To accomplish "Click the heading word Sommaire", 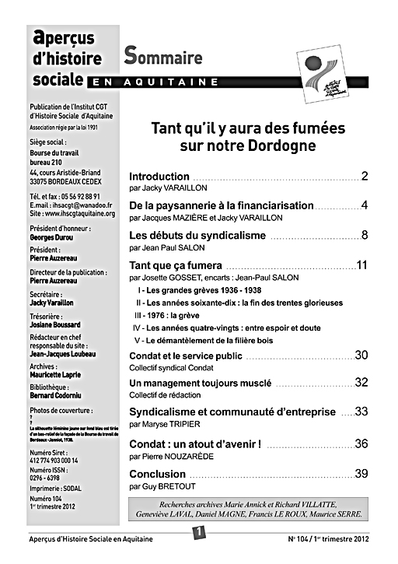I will click(x=163, y=57).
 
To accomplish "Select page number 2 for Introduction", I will click(x=364, y=176).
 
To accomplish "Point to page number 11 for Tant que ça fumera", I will click(x=361, y=265).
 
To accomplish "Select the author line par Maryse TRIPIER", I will click(x=165, y=424).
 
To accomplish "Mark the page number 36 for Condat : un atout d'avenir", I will click(x=361, y=444).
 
